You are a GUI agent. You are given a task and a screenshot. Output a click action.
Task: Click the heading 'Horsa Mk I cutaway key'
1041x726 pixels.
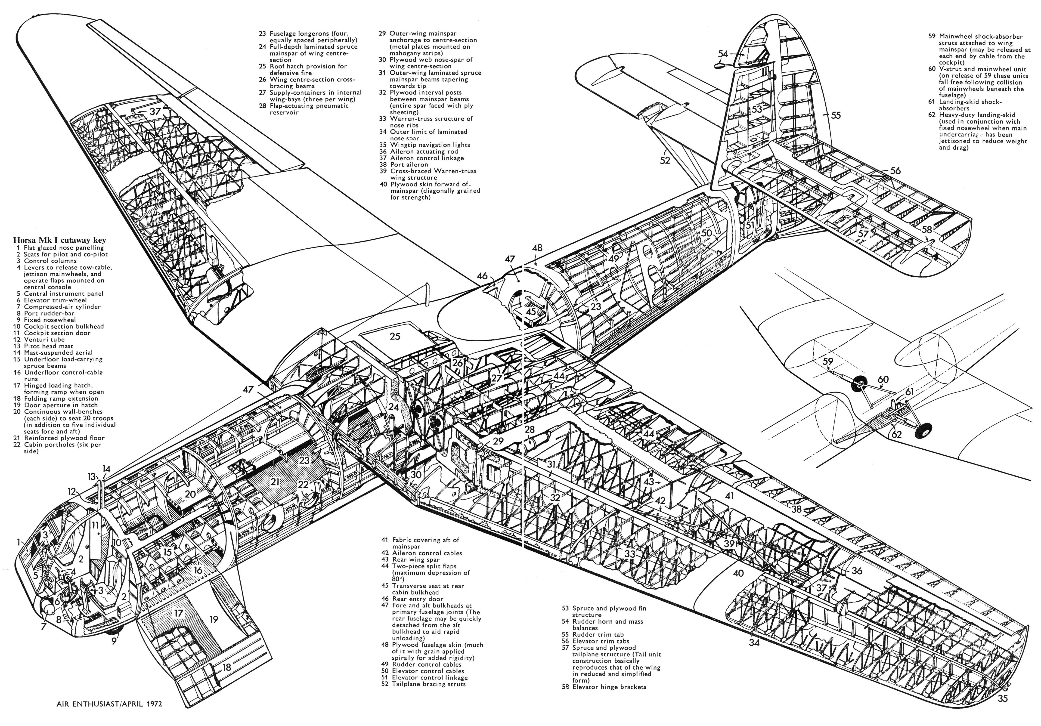click(x=59, y=240)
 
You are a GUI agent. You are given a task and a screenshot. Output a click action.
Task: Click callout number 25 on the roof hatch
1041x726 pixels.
click(x=395, y=336)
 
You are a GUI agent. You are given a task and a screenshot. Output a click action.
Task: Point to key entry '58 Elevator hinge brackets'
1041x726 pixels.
click(x=604, y=687)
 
